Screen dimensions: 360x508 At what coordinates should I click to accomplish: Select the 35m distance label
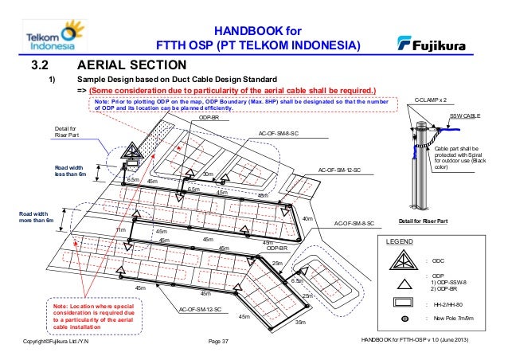point(300,323)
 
